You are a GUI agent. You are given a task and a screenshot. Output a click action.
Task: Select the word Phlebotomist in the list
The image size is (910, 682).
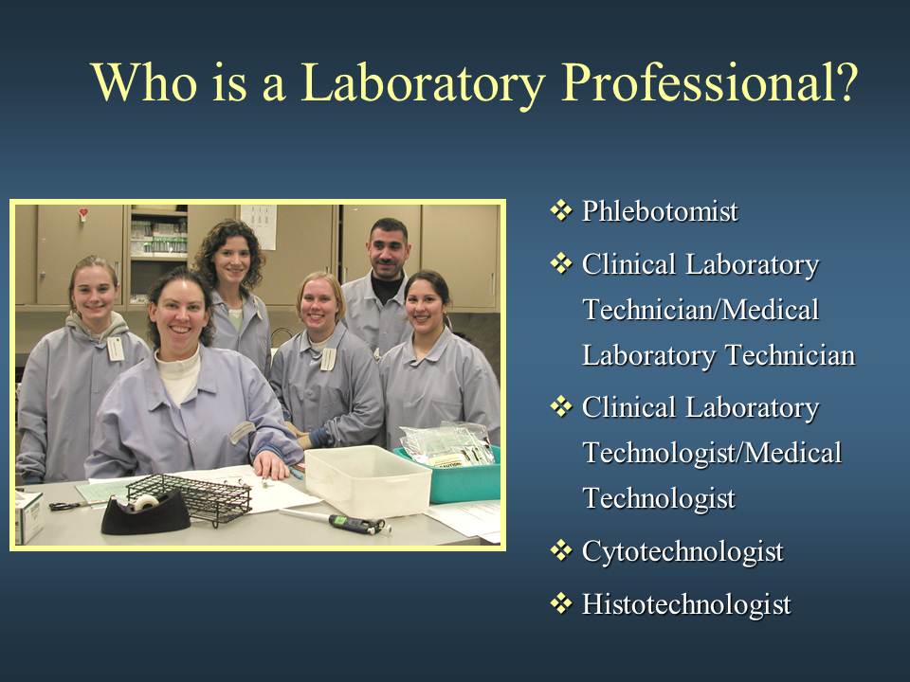(660, 211)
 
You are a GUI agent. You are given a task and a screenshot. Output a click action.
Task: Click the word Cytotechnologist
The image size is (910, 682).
(682, 552)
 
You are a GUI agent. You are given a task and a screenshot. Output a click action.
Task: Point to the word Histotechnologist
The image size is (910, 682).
(686, 605)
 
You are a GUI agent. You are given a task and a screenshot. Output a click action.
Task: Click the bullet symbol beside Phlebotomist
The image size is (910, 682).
(560, 210)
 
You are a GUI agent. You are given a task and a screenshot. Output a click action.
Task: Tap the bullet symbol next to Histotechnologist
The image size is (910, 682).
(560, 603)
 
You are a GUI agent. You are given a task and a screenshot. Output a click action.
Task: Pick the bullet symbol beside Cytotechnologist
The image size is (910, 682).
(560, 550)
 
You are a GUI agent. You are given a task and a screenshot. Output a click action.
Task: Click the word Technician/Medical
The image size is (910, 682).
(701, 310)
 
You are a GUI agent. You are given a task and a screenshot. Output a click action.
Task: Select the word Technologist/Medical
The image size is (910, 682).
(712, 453)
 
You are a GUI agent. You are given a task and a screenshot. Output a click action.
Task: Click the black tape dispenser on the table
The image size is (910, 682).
(146, 512)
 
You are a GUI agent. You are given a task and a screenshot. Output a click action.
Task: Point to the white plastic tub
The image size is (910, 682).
(368, 481)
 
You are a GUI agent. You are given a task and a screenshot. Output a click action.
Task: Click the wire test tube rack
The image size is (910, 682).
(190, 497)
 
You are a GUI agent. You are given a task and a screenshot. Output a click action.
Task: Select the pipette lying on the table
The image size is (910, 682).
(335, 521)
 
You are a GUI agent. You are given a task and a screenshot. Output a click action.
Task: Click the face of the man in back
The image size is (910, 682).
(389, 250)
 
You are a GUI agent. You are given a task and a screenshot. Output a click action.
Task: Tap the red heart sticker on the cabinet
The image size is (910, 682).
(83, 213)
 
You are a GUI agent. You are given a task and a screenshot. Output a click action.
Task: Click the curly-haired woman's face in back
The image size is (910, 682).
(231, 261)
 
